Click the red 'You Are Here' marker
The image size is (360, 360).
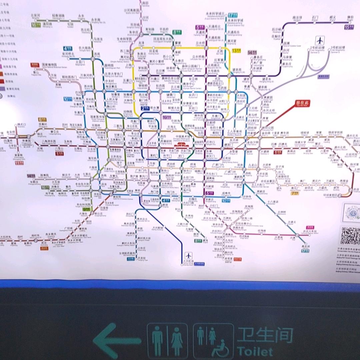[x=303, y=104]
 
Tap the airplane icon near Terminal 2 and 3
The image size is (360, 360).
[x=320, y=41]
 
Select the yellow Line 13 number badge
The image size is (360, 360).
[x=236, y=51]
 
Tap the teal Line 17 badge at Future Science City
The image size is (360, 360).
[x=233, y=15]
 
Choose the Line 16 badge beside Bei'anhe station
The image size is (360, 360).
[x=35, y=24]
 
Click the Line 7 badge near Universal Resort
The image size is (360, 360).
[x=295, y=193]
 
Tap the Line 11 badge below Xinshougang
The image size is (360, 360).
[x=17, y=163]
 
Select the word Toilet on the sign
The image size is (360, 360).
[x=255, y=351]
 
